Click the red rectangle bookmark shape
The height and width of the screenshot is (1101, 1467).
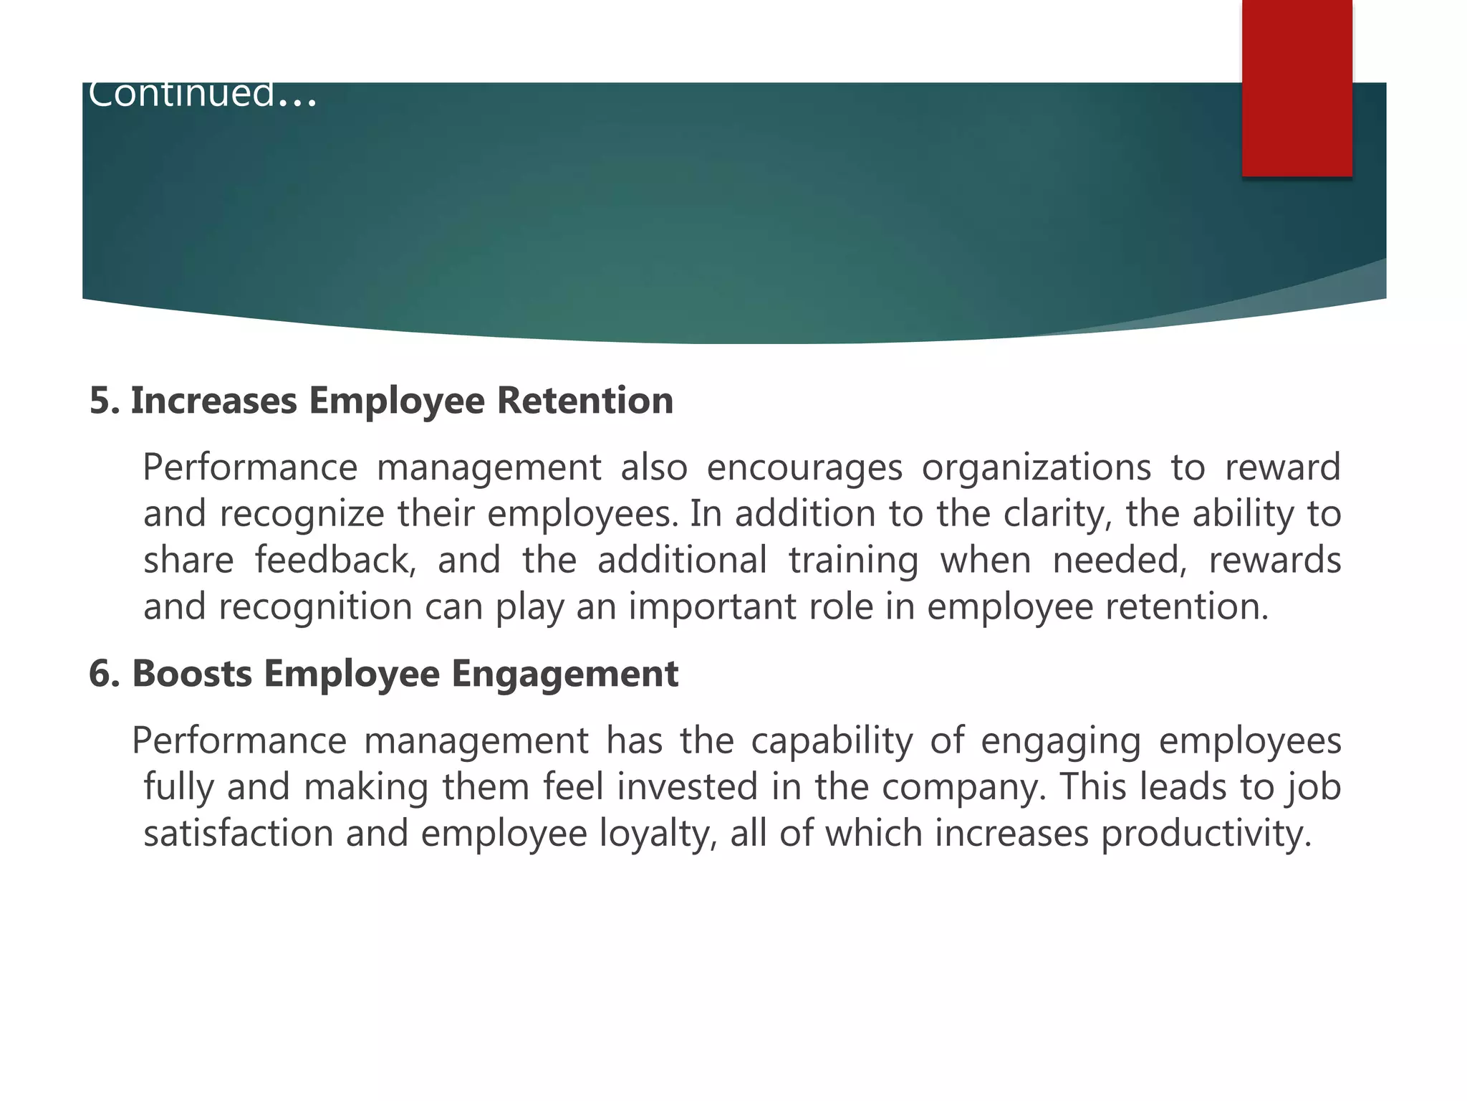1297,87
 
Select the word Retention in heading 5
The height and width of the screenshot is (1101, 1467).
585,400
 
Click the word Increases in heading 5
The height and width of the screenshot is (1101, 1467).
213,400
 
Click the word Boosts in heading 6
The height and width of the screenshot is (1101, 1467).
192,674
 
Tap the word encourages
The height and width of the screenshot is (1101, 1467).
804,468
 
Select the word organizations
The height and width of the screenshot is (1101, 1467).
1036,468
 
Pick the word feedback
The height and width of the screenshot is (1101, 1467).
335,561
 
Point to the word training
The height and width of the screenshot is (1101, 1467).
853,561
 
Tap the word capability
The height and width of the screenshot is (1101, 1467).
832,741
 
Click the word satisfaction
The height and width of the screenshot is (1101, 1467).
239,834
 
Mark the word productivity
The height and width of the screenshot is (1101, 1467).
1206,834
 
